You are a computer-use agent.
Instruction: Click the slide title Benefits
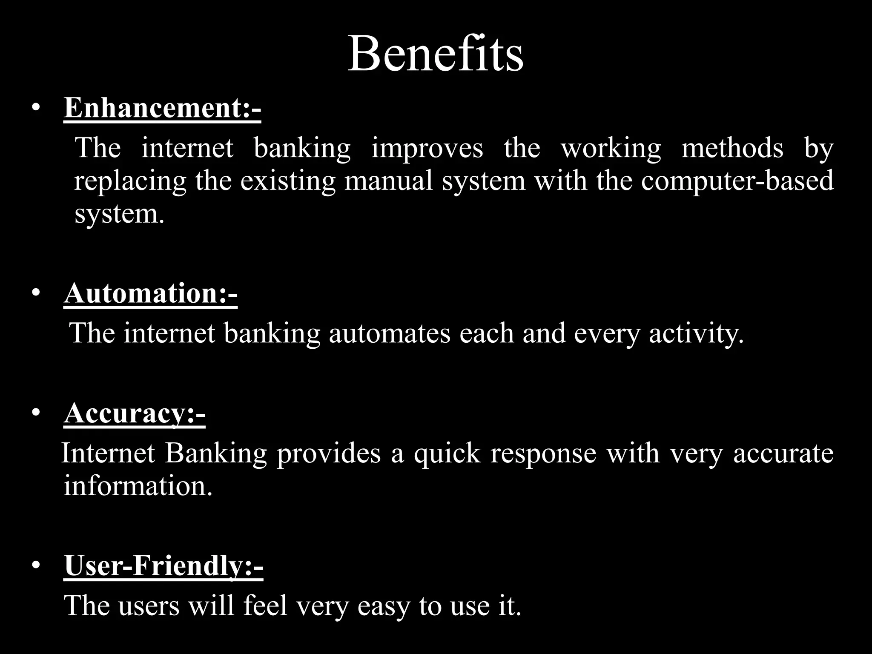coord(436,54)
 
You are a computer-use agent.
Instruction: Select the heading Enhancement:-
coord(162,108)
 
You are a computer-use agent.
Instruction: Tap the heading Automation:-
coord(151,294)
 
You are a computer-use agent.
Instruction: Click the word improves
coord(427,149)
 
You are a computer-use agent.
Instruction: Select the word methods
coord(732,148)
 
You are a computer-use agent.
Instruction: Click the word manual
coord(388,181)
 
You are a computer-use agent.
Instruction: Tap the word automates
coord(390,333)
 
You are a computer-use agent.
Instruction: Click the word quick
coord(447,454)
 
